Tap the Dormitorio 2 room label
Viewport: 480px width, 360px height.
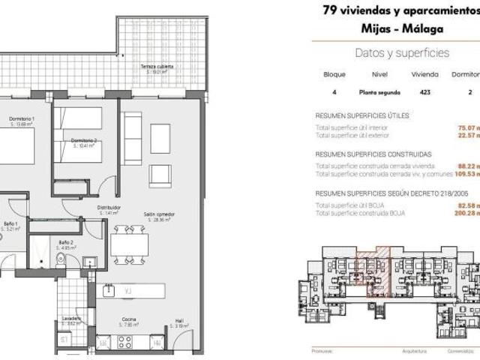(82, 142)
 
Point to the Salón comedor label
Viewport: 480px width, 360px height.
(160, 217)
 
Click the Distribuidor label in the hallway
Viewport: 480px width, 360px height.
(109, 210)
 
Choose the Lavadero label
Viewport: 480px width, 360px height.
(72, 319)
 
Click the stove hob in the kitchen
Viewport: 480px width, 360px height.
(124, 341)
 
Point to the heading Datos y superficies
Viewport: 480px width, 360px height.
(401, 52)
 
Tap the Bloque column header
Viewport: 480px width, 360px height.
(334, 75)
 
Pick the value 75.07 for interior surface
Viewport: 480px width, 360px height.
(468, 128)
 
